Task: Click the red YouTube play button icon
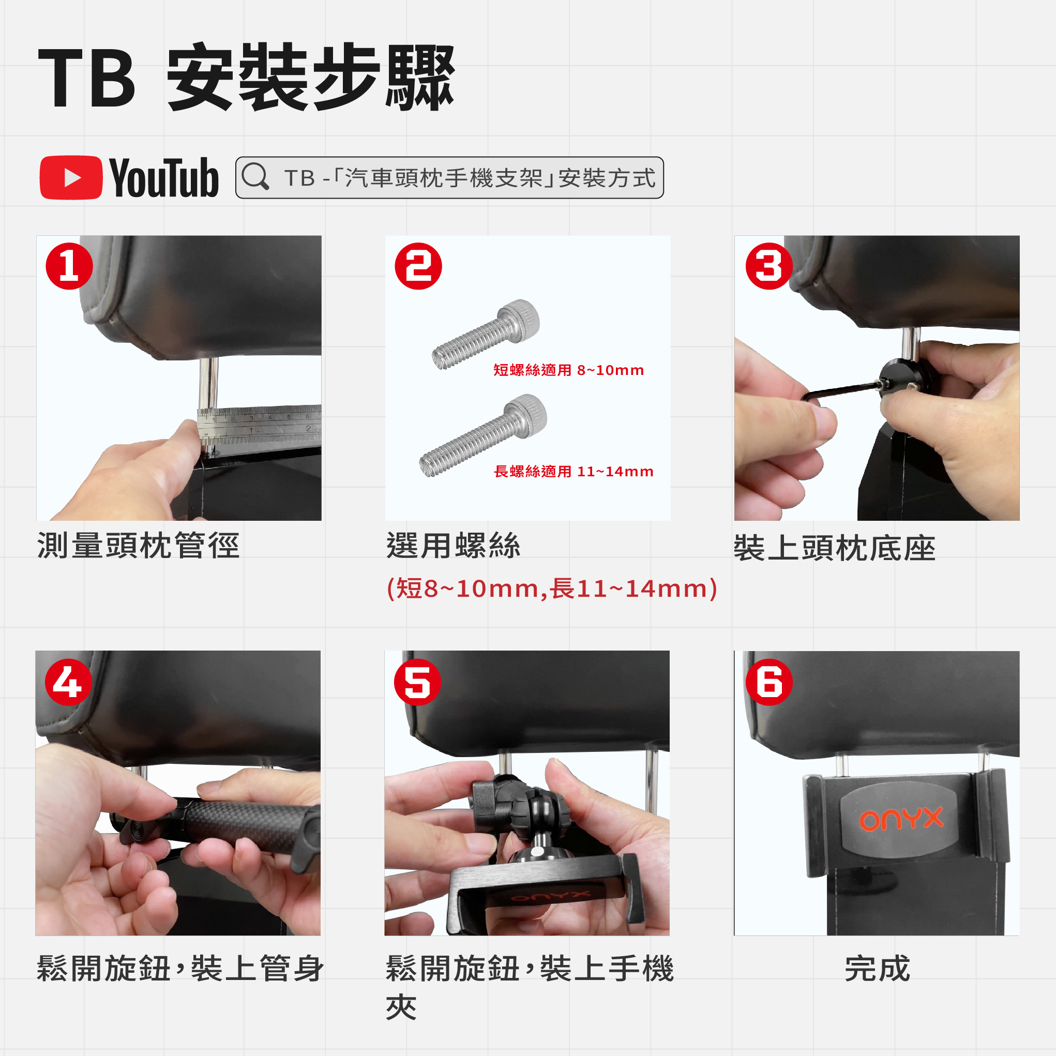point(71,178)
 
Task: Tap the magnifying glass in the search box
point(255,176)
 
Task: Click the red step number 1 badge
point(69,266)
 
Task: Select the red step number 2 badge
point(418,266)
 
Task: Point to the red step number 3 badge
point(768,266)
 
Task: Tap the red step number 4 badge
point(68,682)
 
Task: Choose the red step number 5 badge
point(417,682)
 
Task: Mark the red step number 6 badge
point(768,682)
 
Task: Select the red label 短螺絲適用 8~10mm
point(568,370)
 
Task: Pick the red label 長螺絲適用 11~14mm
point(574,471)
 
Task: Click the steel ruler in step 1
point(259,424)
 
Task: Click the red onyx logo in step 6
point(901,819)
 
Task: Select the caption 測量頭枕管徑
point(138,546)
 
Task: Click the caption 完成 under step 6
point(877,969)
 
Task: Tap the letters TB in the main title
point(86,78)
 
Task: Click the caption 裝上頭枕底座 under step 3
point(835,548)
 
